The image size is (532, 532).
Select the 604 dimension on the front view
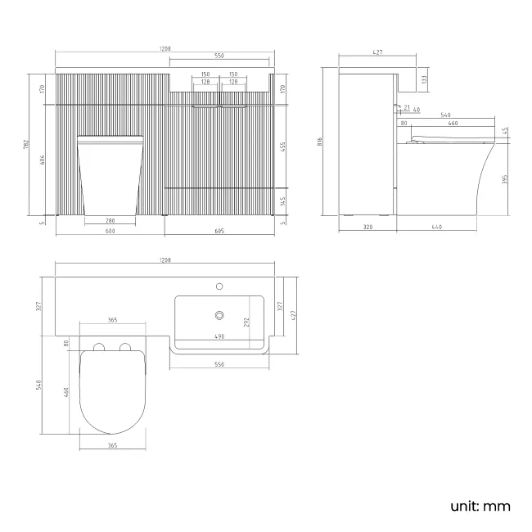tap(43, 161)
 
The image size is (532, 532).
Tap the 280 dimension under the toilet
tap(110, 220)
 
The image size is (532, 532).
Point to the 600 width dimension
tap(110, 231)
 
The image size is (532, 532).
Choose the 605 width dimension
tap(219, 231)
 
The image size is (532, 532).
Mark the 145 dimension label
tap(283, 201)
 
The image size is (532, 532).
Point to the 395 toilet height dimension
tap(505, 178)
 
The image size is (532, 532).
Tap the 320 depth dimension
tap(367, 227)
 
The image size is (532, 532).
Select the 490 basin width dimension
tap(219, 336)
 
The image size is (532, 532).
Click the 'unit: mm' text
tap(480, 506)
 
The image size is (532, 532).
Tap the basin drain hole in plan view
tap(219, 314)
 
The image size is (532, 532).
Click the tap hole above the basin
tap(219, 286)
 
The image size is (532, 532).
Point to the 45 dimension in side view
tap(505, 130)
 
